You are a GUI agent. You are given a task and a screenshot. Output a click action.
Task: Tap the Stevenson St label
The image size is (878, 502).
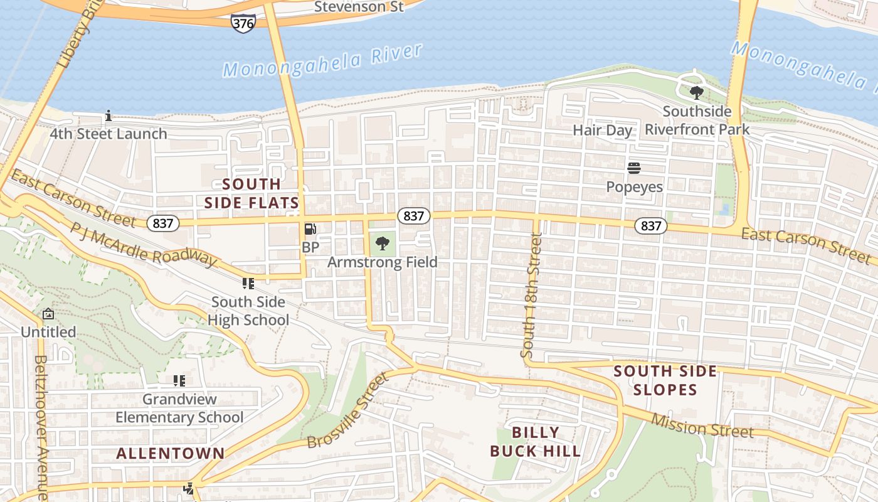click(359, 7)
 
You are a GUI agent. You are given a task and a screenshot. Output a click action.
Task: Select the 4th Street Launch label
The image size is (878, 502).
click(108, 134)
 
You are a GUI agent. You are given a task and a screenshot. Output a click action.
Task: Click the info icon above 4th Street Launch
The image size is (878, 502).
click(108, 115)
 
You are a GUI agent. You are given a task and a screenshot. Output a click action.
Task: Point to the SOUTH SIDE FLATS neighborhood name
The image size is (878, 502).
click(251, 193)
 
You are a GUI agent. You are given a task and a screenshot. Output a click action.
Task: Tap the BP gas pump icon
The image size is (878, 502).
click(310, 230)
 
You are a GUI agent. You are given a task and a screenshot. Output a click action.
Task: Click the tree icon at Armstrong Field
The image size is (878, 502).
click(382, 243)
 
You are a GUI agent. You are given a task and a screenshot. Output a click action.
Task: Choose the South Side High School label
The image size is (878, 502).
click(248, 311)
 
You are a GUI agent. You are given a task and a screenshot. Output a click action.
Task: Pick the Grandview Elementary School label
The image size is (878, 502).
click(179, 409)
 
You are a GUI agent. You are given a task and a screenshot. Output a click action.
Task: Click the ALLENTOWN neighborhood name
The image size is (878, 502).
click(171, 453)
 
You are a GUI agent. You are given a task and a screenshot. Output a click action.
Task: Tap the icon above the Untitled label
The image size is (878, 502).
click(48, 314)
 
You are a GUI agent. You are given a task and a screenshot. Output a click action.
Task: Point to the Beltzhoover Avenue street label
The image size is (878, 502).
click(42, 427)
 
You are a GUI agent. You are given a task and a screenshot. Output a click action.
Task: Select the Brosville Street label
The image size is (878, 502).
click(348, 410)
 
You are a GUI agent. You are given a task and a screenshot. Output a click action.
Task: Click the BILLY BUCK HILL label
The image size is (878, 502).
click(535, 442)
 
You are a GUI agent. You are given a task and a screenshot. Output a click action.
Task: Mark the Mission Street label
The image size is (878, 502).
click(702, 426)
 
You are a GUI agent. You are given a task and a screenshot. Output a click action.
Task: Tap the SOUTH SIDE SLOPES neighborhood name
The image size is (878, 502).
click(665, 380)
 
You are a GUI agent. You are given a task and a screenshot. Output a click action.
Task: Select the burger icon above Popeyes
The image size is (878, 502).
click(634, 168)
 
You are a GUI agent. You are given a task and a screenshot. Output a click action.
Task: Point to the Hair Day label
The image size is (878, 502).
click(602, 130)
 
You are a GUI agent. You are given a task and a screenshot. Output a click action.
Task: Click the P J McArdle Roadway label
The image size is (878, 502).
click(143, 245)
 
